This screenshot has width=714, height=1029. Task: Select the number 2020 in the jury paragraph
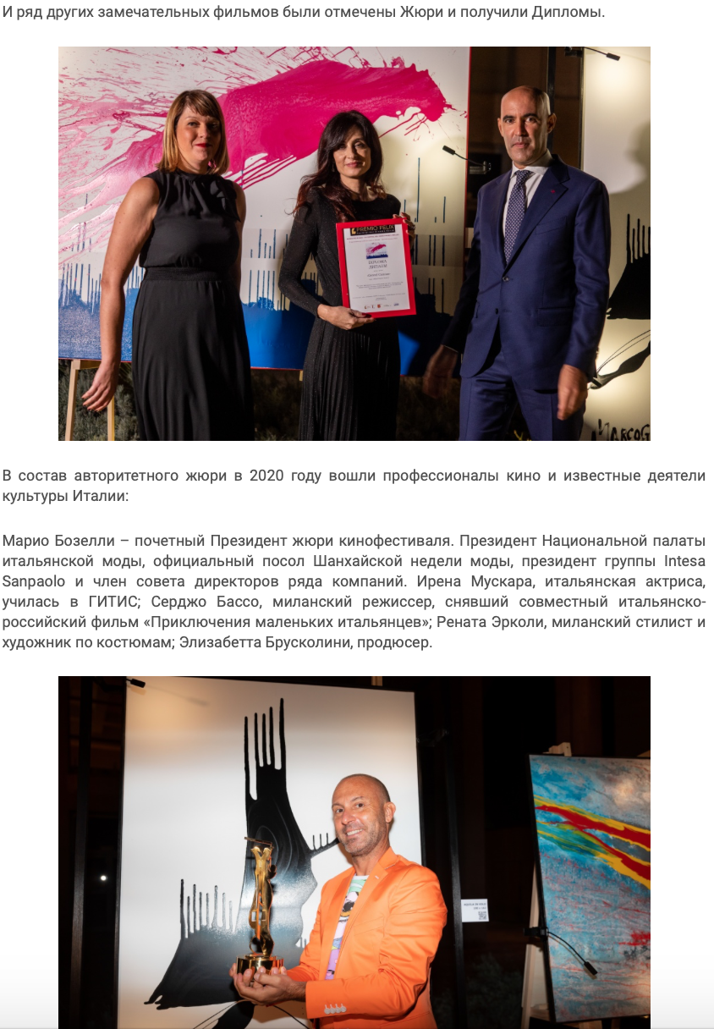tap(266, 476)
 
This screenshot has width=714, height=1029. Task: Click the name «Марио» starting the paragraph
tap(25, 541)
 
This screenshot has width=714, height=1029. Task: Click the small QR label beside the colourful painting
tap(475, 911)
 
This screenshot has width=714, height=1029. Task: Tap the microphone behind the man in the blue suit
tap(461, 156)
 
